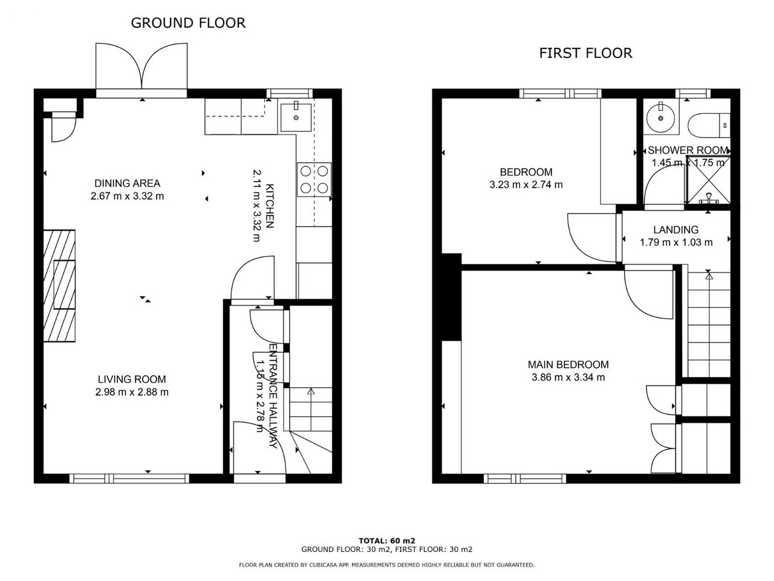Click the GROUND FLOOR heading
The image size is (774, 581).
(x=188, y=23)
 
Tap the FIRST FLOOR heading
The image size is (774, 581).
(x=586, y=53)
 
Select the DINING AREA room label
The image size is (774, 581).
(x=128, y=183)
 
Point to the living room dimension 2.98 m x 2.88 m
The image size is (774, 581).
(x=132, y=392)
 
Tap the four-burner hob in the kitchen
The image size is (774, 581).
(x=314, y=180)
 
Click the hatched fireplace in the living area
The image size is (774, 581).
(x=59, y=286)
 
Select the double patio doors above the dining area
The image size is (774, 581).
(x=141, y=67)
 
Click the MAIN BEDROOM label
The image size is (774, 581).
(x=568, y=364)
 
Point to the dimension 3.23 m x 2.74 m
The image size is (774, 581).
(x=526, y=185)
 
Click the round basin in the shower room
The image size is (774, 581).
(x=661, y=118)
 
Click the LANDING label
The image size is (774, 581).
(x=676, y=229)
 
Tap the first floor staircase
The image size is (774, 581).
(x=709, y=324)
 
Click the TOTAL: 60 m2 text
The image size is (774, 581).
(x=387, y=540)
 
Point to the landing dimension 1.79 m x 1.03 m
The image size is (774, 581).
(x=676, y=242)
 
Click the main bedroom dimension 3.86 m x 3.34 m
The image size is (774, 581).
(x=568, y=377)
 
